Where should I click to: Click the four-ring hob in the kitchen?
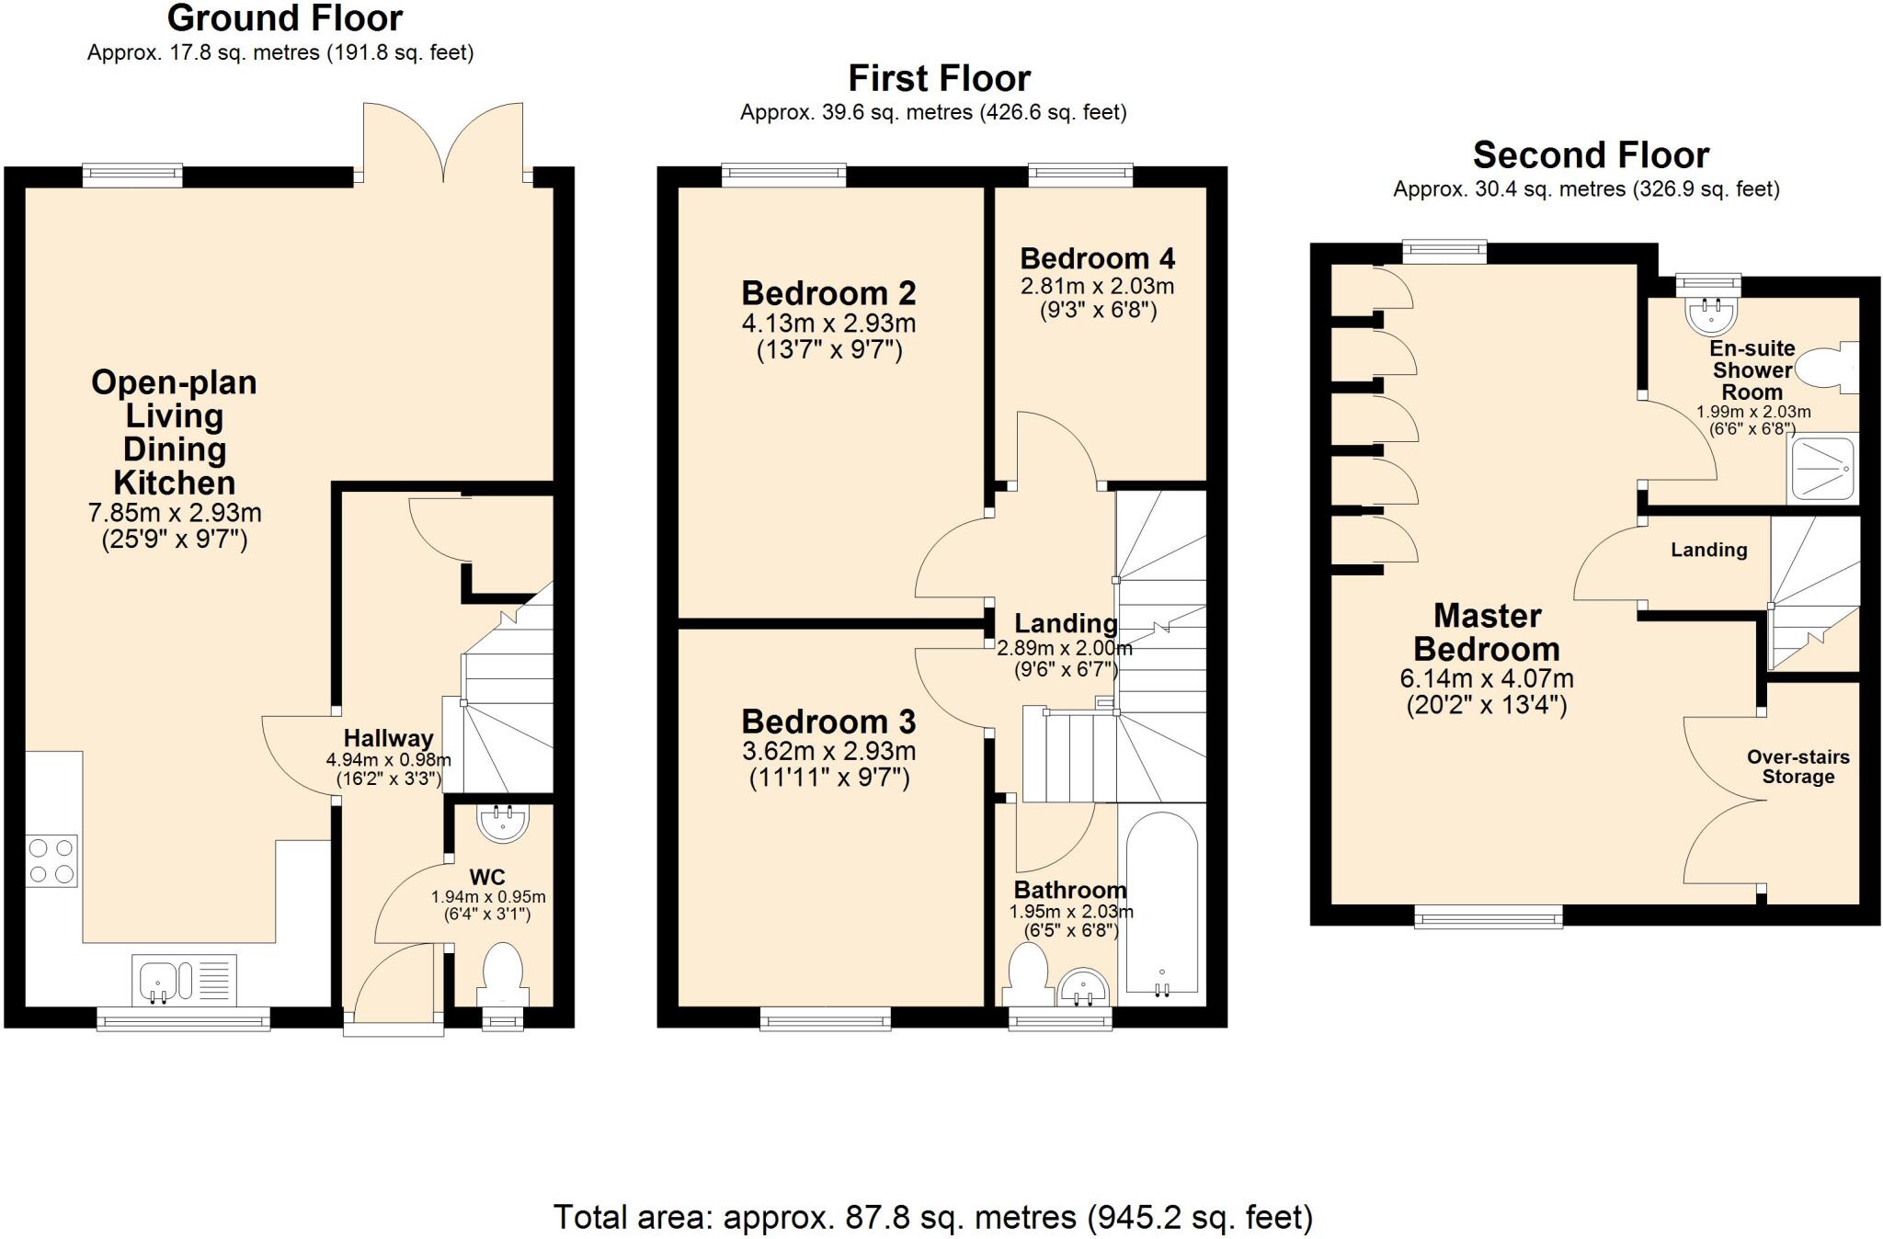(x=51, y=860)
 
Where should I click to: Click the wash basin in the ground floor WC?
(x=502, y=823)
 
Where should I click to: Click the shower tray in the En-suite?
(x=1820, y=469)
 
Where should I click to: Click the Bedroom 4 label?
(x=1097, y=258)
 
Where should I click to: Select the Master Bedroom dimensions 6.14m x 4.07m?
(x=1486, y=679)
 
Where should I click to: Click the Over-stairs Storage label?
(x=1797, y=767)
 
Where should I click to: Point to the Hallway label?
(x=388, y=738)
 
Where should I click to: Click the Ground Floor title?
(x=285, y=18)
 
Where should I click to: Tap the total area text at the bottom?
(x=932, y=1217)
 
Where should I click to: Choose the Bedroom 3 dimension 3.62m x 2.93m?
(x=828, y=751)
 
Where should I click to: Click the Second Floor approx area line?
(x=1586, y=189)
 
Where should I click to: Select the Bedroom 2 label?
(x=828, y=293)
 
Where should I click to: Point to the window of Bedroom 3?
(x=825, y=1017)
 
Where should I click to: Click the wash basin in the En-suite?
(x=1710, y=313)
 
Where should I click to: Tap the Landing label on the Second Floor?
(x=1708, y=550)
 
